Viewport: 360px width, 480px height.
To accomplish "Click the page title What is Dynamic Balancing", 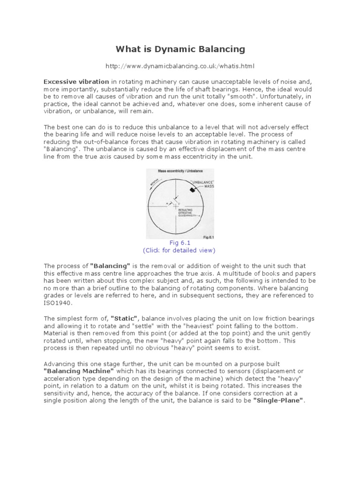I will [180, 49].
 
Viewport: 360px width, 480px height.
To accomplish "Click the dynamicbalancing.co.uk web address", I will [180, 66].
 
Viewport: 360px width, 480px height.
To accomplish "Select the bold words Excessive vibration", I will [76, 81].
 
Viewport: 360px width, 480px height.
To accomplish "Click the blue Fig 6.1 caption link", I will [180, 242].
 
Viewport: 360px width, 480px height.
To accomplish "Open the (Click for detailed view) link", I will [180, 250].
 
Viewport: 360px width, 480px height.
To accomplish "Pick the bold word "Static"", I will [122, 318].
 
